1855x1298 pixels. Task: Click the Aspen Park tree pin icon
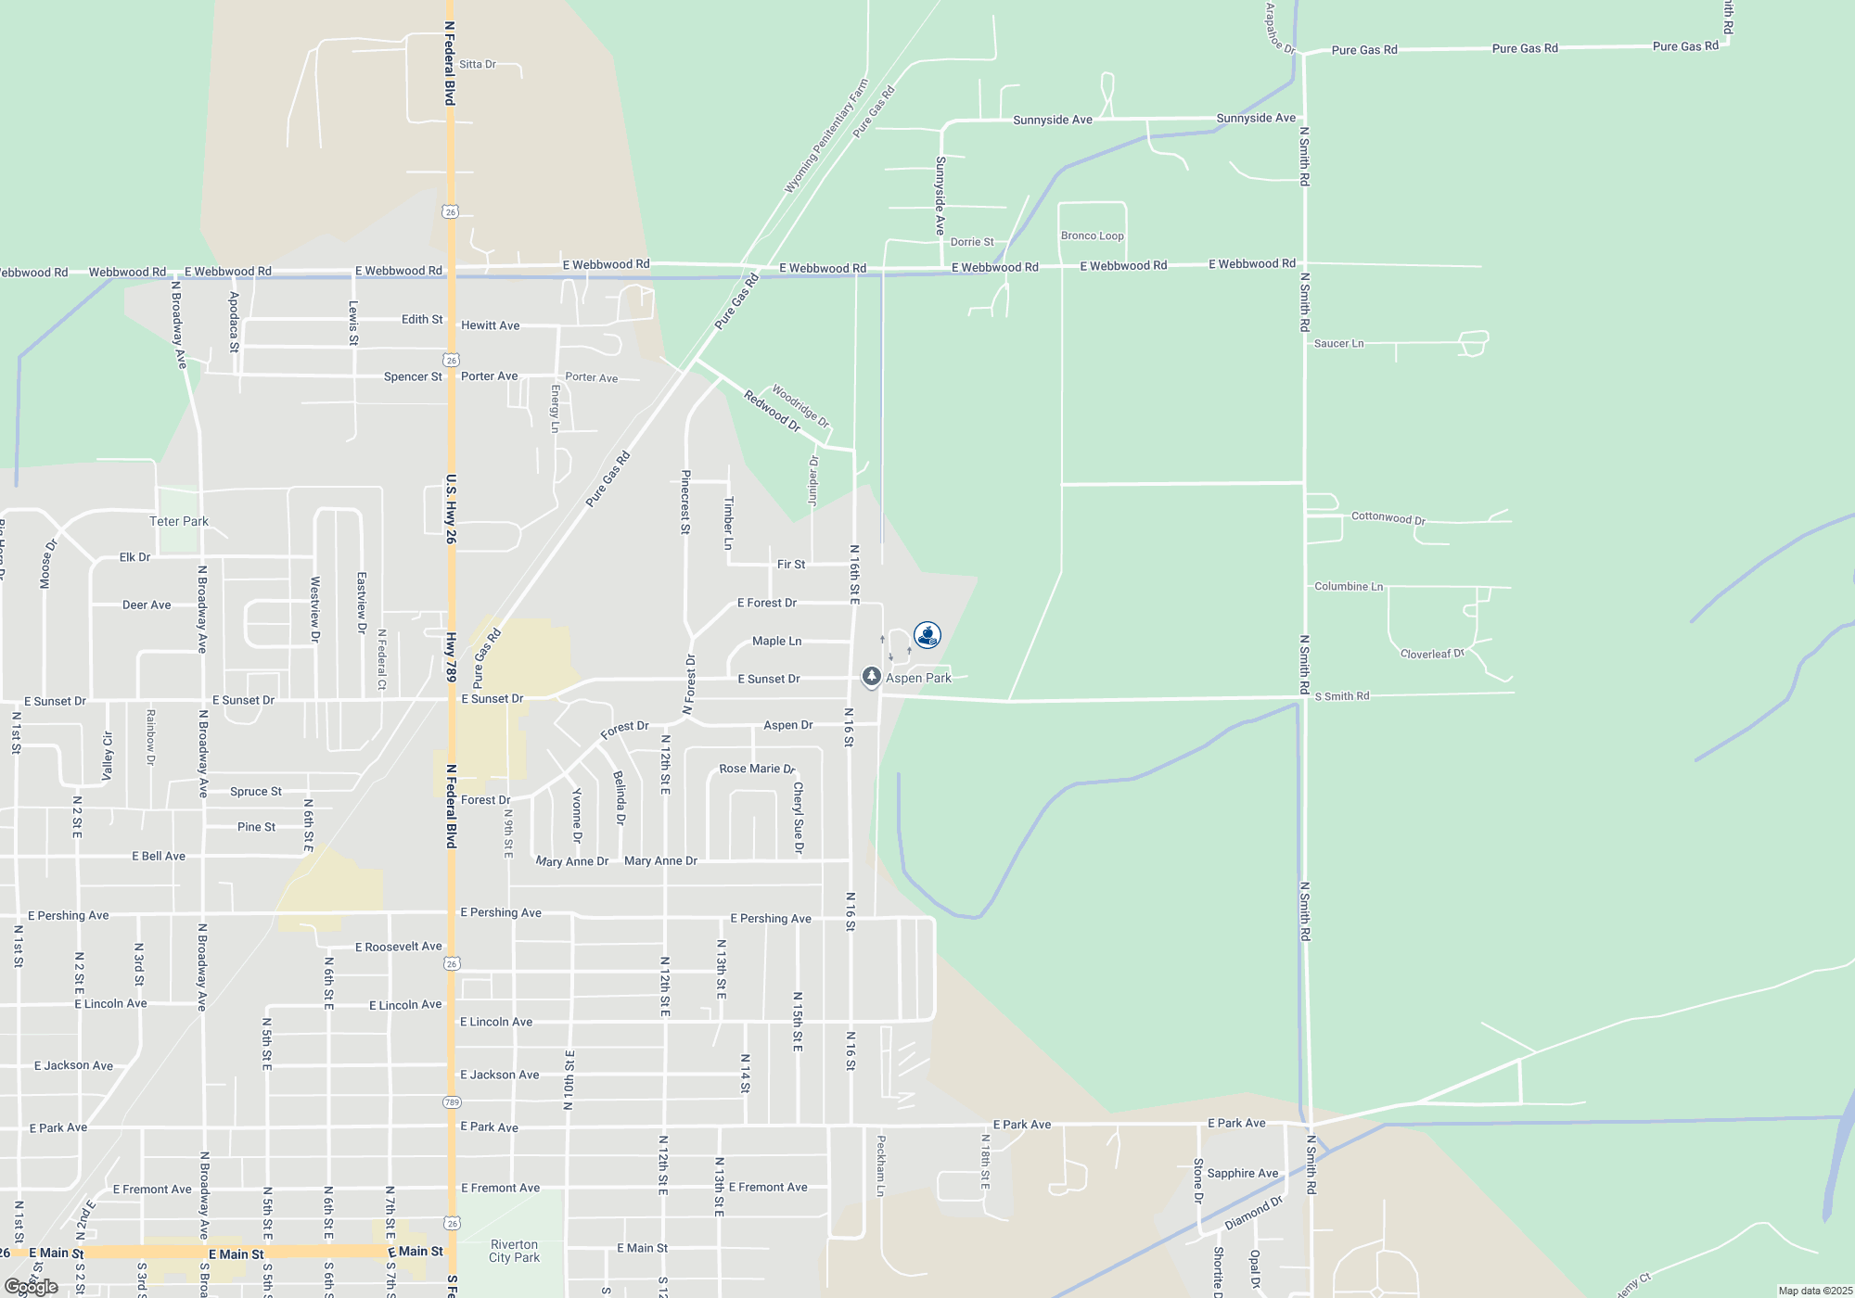871,677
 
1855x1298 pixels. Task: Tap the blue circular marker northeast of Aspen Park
927,635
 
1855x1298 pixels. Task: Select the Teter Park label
179,521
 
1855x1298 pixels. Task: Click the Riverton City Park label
514,1251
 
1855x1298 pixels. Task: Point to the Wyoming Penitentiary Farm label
826,136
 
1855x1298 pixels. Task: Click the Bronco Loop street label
1092,235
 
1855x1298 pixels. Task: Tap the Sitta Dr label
478,64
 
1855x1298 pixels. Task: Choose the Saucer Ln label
1338,343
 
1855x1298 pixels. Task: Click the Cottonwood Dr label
1388,517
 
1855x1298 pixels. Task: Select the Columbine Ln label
1349,586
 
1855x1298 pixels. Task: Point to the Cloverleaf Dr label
1432,654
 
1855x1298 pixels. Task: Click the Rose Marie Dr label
757,769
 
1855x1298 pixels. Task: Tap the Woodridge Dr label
800,406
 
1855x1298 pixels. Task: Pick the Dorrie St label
972,242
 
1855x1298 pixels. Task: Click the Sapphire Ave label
1243,1173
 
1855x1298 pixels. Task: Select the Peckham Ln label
881,1165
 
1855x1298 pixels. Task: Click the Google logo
32,1287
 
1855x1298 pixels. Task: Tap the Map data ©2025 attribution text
1815,1291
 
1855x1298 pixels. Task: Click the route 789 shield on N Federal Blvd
452,1102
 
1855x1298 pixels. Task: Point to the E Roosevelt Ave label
399,947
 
